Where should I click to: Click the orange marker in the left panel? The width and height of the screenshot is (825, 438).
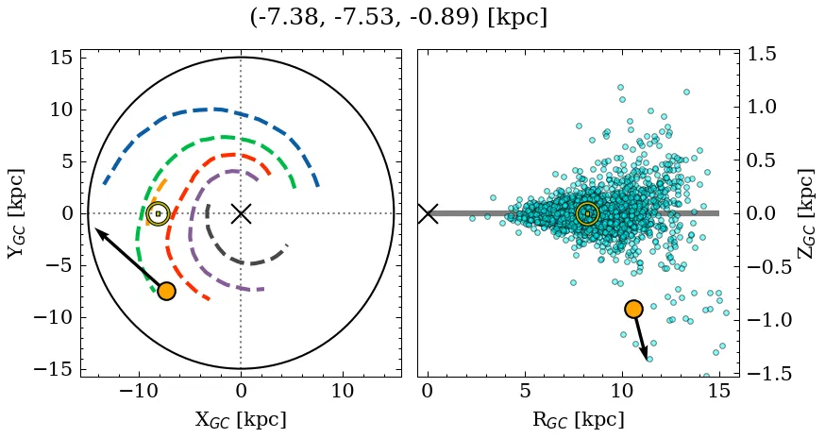166,291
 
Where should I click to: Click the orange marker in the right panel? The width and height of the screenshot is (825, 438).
633,309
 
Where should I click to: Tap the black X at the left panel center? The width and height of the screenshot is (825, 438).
241,213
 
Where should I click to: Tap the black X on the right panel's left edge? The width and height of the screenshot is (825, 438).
428,213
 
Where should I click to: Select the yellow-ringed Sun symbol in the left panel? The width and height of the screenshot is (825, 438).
158,213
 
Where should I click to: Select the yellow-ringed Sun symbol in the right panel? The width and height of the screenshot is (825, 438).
587,213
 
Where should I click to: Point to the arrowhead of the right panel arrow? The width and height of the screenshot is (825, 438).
647,356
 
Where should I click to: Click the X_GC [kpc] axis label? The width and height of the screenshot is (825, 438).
241,420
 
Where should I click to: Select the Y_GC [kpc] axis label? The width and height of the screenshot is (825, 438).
16,213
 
